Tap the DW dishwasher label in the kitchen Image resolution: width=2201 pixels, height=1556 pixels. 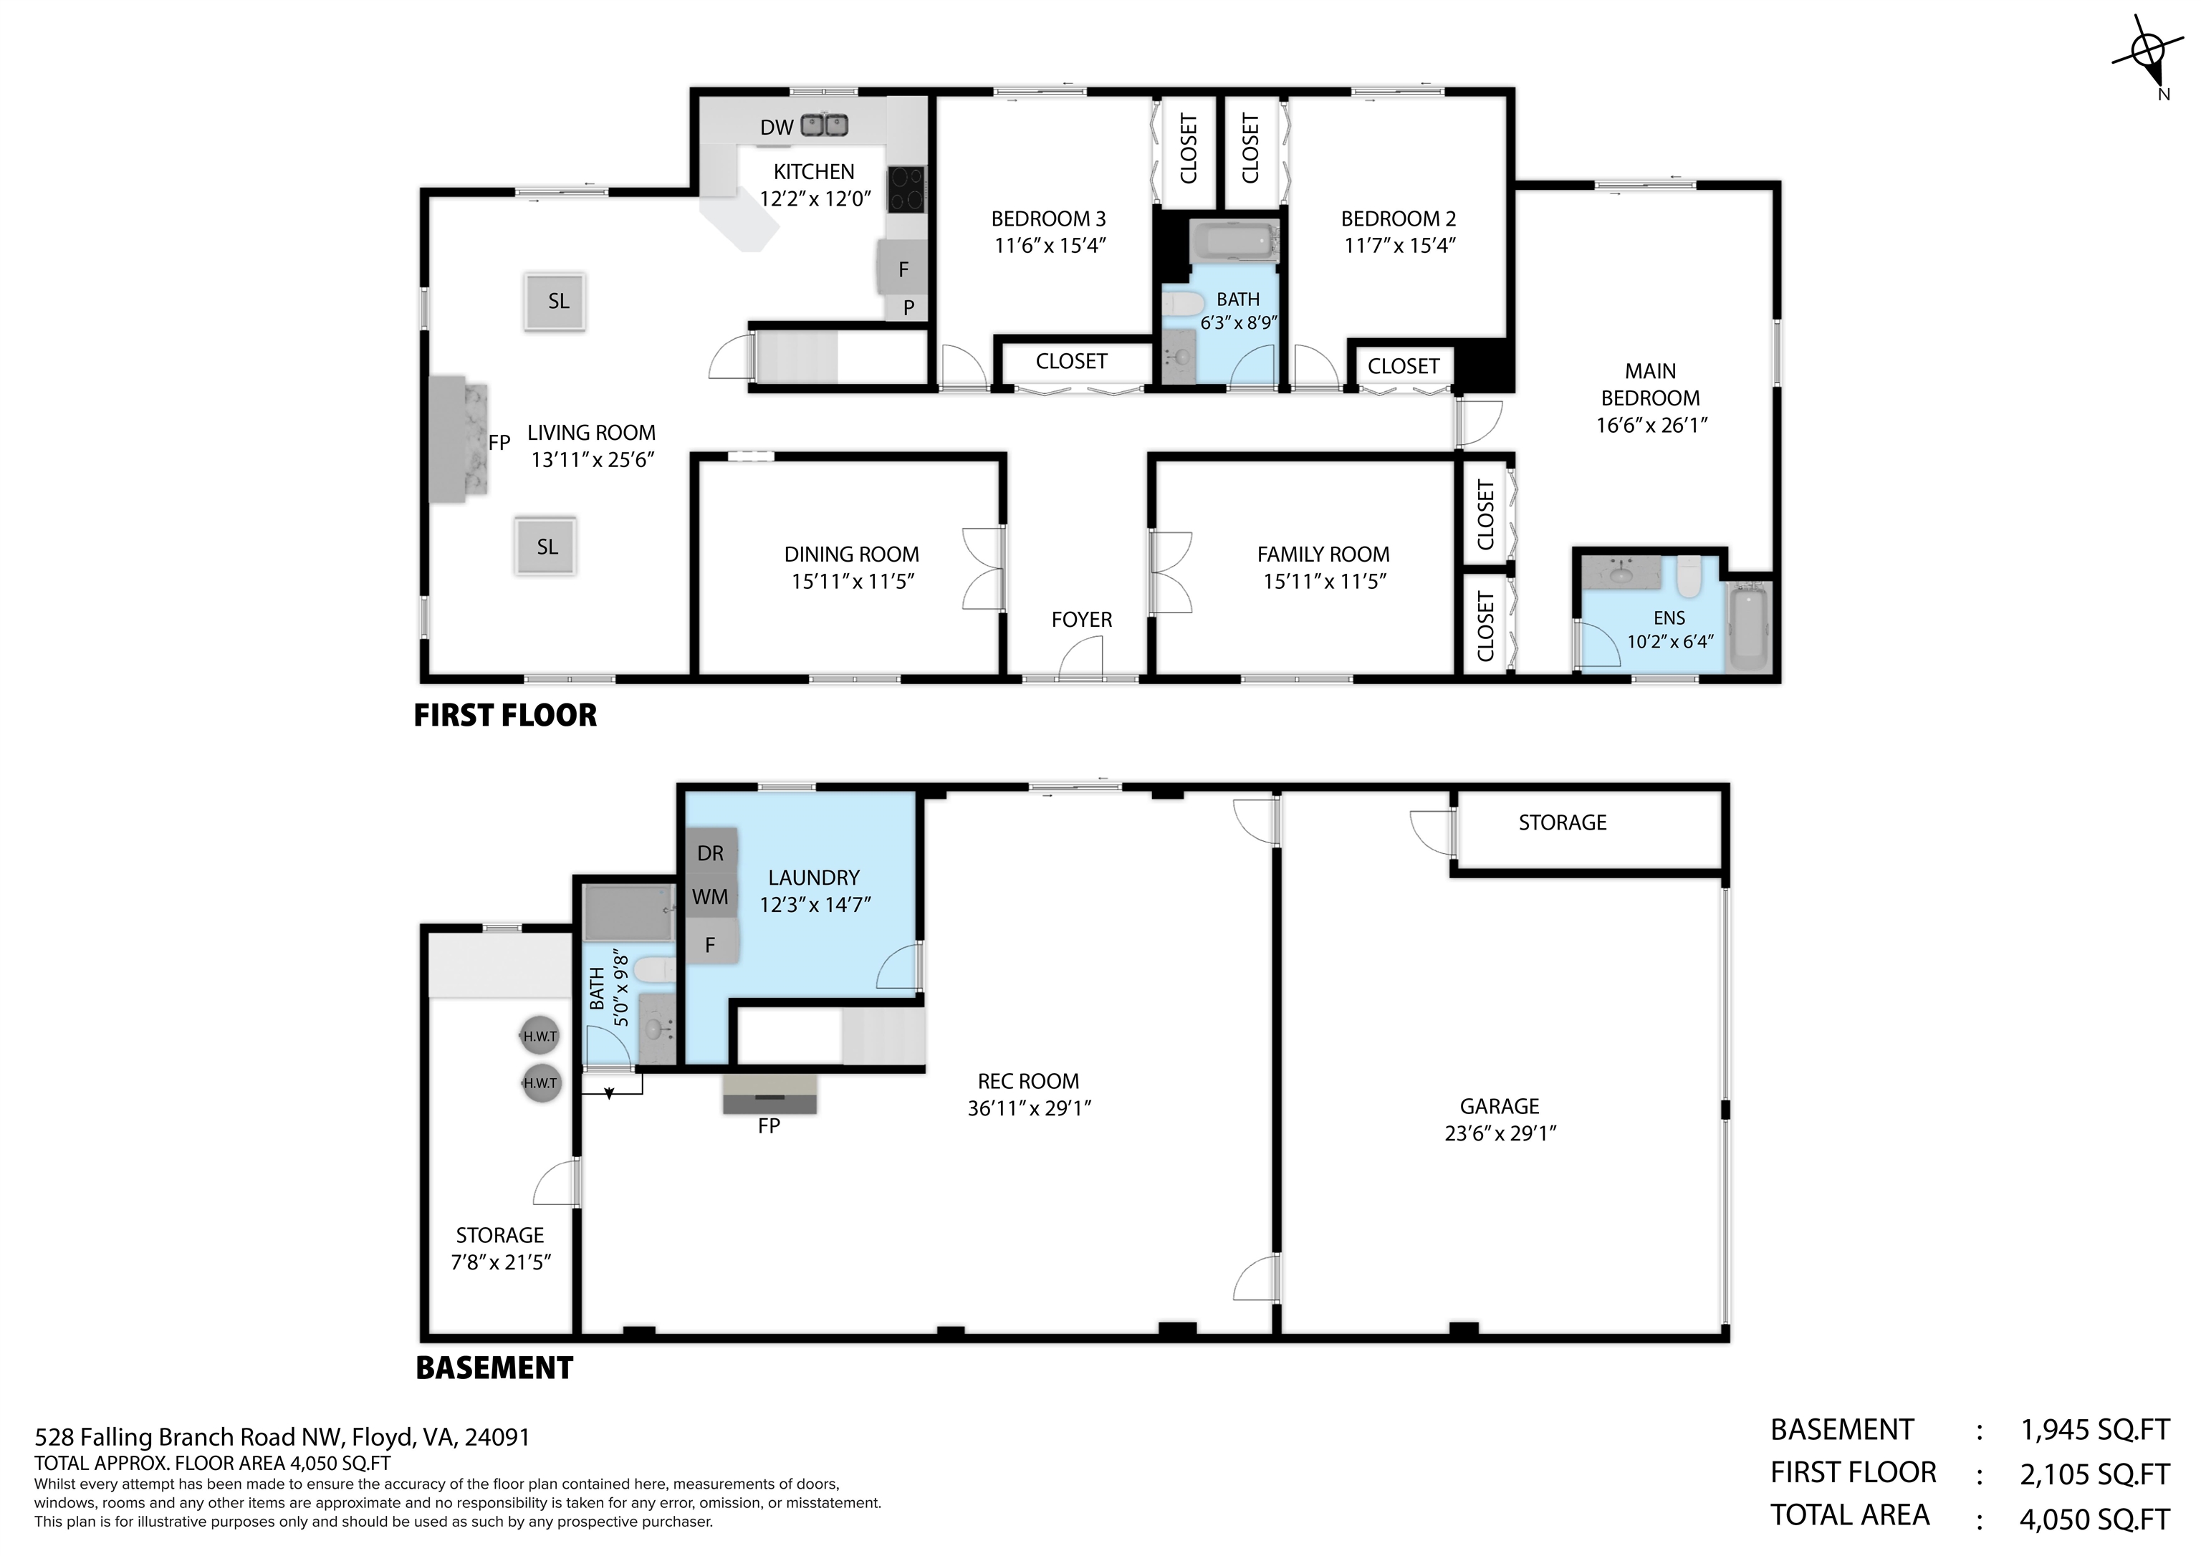click(777, 127)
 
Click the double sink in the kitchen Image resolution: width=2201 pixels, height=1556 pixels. click(825, 125)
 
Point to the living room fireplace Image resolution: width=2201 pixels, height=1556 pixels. click(459, 438)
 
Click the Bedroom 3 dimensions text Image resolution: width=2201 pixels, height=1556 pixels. click(1050, 246)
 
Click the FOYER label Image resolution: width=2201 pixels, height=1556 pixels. click(1081, 620)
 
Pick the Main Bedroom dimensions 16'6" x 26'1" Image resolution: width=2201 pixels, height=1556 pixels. click(1651, 425)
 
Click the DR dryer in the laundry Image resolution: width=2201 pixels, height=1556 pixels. click(710, 853)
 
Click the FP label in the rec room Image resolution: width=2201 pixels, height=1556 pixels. click(769, 1126)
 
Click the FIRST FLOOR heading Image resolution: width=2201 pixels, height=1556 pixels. click(505, 715)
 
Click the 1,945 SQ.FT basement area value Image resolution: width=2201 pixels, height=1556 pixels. click(2094, 1429)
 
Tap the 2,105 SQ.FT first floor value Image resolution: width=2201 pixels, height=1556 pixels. click(2094, 1474)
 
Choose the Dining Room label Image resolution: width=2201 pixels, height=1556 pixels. click(851, 554)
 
